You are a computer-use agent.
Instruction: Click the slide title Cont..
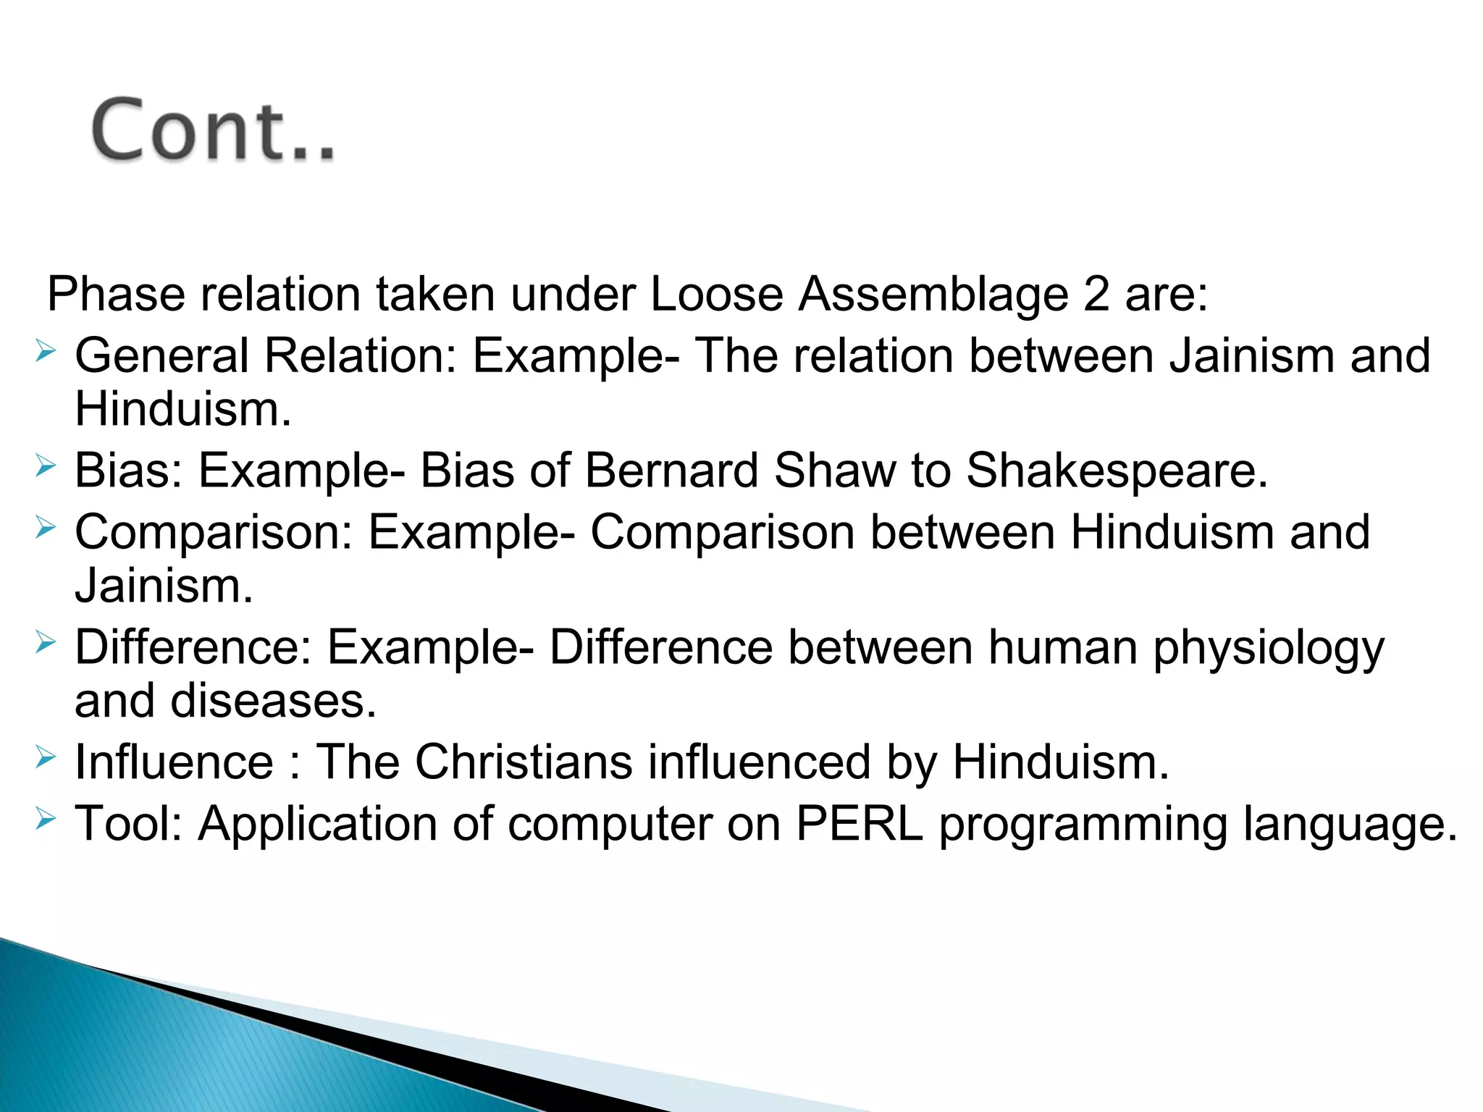tap(214, 130)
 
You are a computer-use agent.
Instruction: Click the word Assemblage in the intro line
tap(933, 295)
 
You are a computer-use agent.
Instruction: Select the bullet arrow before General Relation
tap(45, 353)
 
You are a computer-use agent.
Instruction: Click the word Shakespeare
tap(1117, 471)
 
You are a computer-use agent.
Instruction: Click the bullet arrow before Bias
tap(45, 467)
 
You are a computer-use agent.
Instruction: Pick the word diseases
tap(273, 701)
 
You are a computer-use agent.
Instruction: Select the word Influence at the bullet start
tap(174, 762)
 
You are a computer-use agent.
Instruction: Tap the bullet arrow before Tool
tap(45, 820)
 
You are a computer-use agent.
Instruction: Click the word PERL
tap(859, 824)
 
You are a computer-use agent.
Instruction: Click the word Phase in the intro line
tap(116, 295)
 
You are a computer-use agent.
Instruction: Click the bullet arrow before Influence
tap(45, 758)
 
